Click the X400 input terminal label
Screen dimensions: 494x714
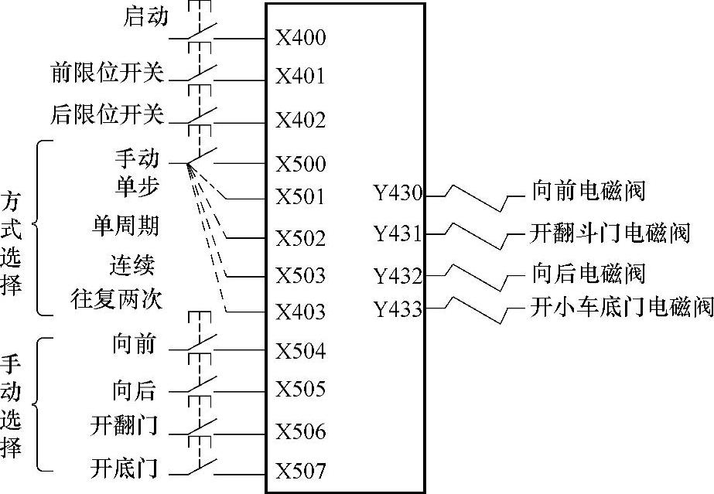[301, 38]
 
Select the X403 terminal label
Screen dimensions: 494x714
[301, 312]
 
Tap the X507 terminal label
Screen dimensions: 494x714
[301, 471]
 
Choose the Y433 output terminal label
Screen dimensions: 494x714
[398, 310]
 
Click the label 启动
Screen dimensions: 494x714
[145, 16]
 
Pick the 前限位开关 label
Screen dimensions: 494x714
[108, 73]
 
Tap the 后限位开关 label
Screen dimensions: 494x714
[108, 115]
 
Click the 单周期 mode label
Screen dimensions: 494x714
[125, 226]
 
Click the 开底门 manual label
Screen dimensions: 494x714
[125, 468]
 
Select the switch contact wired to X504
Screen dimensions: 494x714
[201, 346]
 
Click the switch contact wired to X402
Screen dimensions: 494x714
[201, 116]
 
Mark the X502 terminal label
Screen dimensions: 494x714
[301, 239]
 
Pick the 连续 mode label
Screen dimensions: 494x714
[132, 265]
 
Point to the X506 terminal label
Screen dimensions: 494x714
[301, 431]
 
